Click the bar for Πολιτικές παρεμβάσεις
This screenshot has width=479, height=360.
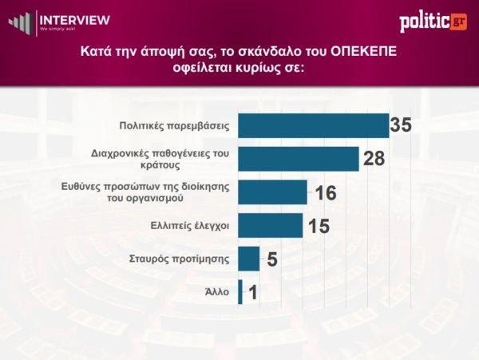(x=314, y=126)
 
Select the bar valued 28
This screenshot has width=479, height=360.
(x=299, y=159)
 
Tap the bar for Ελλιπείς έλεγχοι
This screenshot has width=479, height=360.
(x=271, y=226)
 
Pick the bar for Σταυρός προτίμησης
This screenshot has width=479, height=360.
(x=250, y=259)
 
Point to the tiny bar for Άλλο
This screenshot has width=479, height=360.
(x=240, y=292)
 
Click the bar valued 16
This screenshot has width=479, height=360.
(x=273, y=192)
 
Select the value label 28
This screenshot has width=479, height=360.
(x=374, y=159)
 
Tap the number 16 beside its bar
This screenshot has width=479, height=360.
(x=324, y=192)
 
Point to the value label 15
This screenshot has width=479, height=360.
(x=319, y=226)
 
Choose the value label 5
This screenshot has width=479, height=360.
(x=271, y=259)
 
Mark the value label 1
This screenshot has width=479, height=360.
(x=252, y=293)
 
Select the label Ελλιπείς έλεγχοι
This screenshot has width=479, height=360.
(x=190, y=226)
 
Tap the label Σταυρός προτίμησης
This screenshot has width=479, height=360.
(x=180, y=259)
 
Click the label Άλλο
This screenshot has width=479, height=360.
(x=218, y=292)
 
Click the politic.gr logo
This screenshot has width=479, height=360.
(x=433, y=22)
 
